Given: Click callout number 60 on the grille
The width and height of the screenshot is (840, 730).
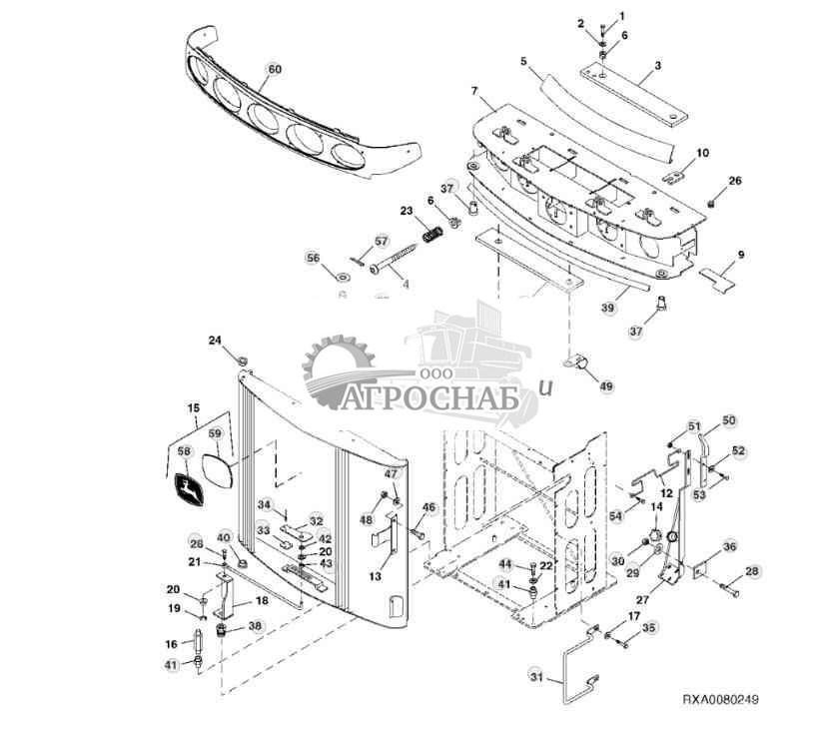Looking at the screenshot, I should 274,69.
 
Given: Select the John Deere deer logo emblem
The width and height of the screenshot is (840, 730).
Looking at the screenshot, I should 187,489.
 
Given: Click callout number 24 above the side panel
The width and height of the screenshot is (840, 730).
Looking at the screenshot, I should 216,341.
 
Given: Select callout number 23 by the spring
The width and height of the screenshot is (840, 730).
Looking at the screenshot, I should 407,211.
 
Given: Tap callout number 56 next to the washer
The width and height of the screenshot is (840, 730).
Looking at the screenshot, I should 314,258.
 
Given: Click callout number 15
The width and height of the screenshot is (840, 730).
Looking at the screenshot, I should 195,407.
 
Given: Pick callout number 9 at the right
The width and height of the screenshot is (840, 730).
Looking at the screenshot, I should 740,255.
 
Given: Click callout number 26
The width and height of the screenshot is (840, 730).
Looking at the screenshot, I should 735,181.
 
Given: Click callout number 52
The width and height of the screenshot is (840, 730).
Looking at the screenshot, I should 738,450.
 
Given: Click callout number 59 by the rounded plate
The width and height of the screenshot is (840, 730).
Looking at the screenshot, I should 215,433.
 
